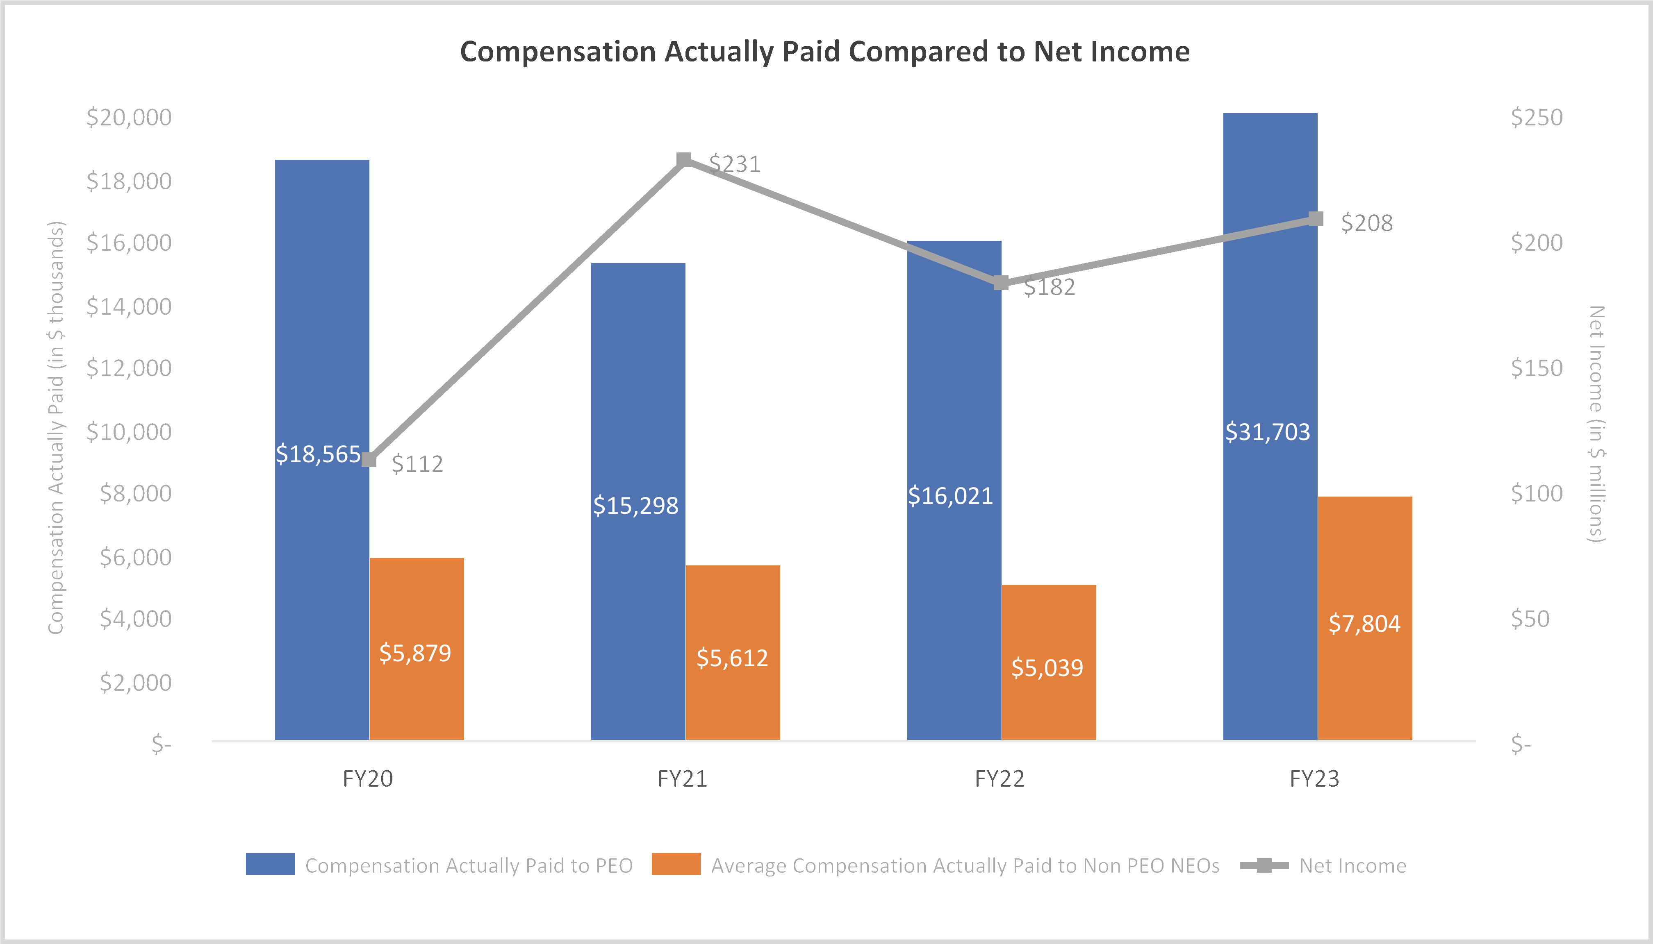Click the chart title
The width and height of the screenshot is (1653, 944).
[824, 52]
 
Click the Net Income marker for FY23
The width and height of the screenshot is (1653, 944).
[1316, 219]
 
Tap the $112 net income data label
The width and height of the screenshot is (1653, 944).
[417, 464]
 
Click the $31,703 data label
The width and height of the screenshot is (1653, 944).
[1267, 432]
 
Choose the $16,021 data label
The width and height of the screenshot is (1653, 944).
[950, 496]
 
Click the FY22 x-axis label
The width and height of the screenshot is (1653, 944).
[999, 778]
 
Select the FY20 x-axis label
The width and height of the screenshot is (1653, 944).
[367, 778]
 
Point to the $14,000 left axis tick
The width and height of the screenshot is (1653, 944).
[129, 306]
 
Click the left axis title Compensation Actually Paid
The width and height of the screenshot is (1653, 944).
[57, 428]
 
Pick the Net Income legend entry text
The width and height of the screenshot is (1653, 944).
[1352, 866]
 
